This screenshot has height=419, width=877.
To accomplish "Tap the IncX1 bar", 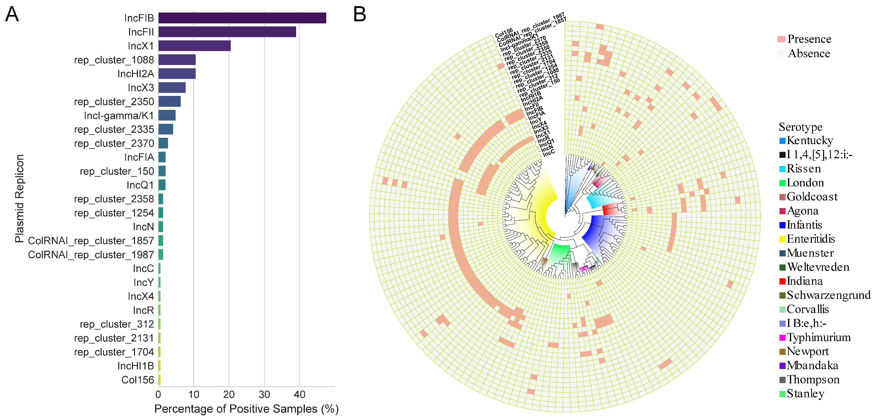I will [x=194, y=46].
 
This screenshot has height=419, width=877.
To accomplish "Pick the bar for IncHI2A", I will [x=177, y=74].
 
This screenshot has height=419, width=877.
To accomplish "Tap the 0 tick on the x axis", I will [x=158, y=394].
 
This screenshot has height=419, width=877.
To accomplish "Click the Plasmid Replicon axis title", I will [x=19, y=199].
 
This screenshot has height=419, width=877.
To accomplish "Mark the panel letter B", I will [x=360, y=15].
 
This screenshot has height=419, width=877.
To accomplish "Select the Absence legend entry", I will [x=809, y=54].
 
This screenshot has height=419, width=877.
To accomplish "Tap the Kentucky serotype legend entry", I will [x=810, y=140].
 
